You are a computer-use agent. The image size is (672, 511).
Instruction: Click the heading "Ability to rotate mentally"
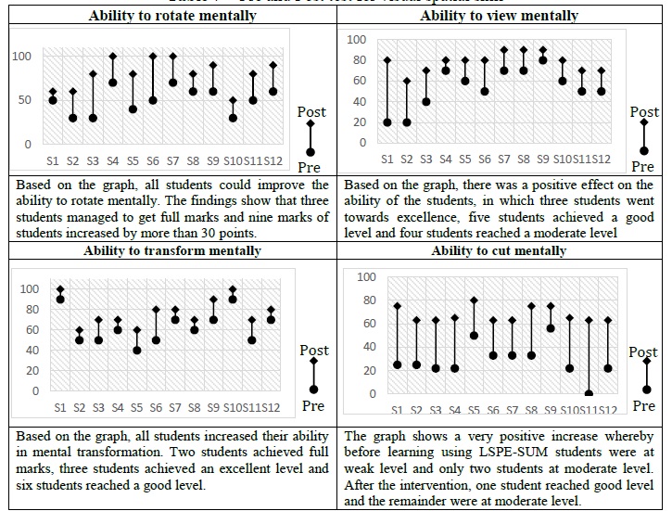pyautogui.click(x=170, y=16)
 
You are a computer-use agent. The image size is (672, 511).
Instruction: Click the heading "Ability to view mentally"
pyautogui.click(x=499, y=16)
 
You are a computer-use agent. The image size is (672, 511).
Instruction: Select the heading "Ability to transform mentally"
pyautogui.click(x=170, y=250)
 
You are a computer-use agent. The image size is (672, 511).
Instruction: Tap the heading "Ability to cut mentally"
pyautogui.click(x=499, y=250)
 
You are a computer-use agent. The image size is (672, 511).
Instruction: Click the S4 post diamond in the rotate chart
pyautogui.click(x=113, y=57)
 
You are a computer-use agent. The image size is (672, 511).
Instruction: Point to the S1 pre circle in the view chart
pyautogui.click(x=387, y=122)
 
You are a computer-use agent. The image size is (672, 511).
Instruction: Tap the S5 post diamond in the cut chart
pyautogui.click(x=474, y=300)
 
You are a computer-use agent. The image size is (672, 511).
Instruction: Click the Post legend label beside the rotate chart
pyautogui.click(x=311, y=111)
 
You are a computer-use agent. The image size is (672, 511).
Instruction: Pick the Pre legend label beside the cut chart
pyautogui.click(x=643, y=405)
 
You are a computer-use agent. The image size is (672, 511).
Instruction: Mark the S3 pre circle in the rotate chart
pyautogui.click(x=94, y=118)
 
